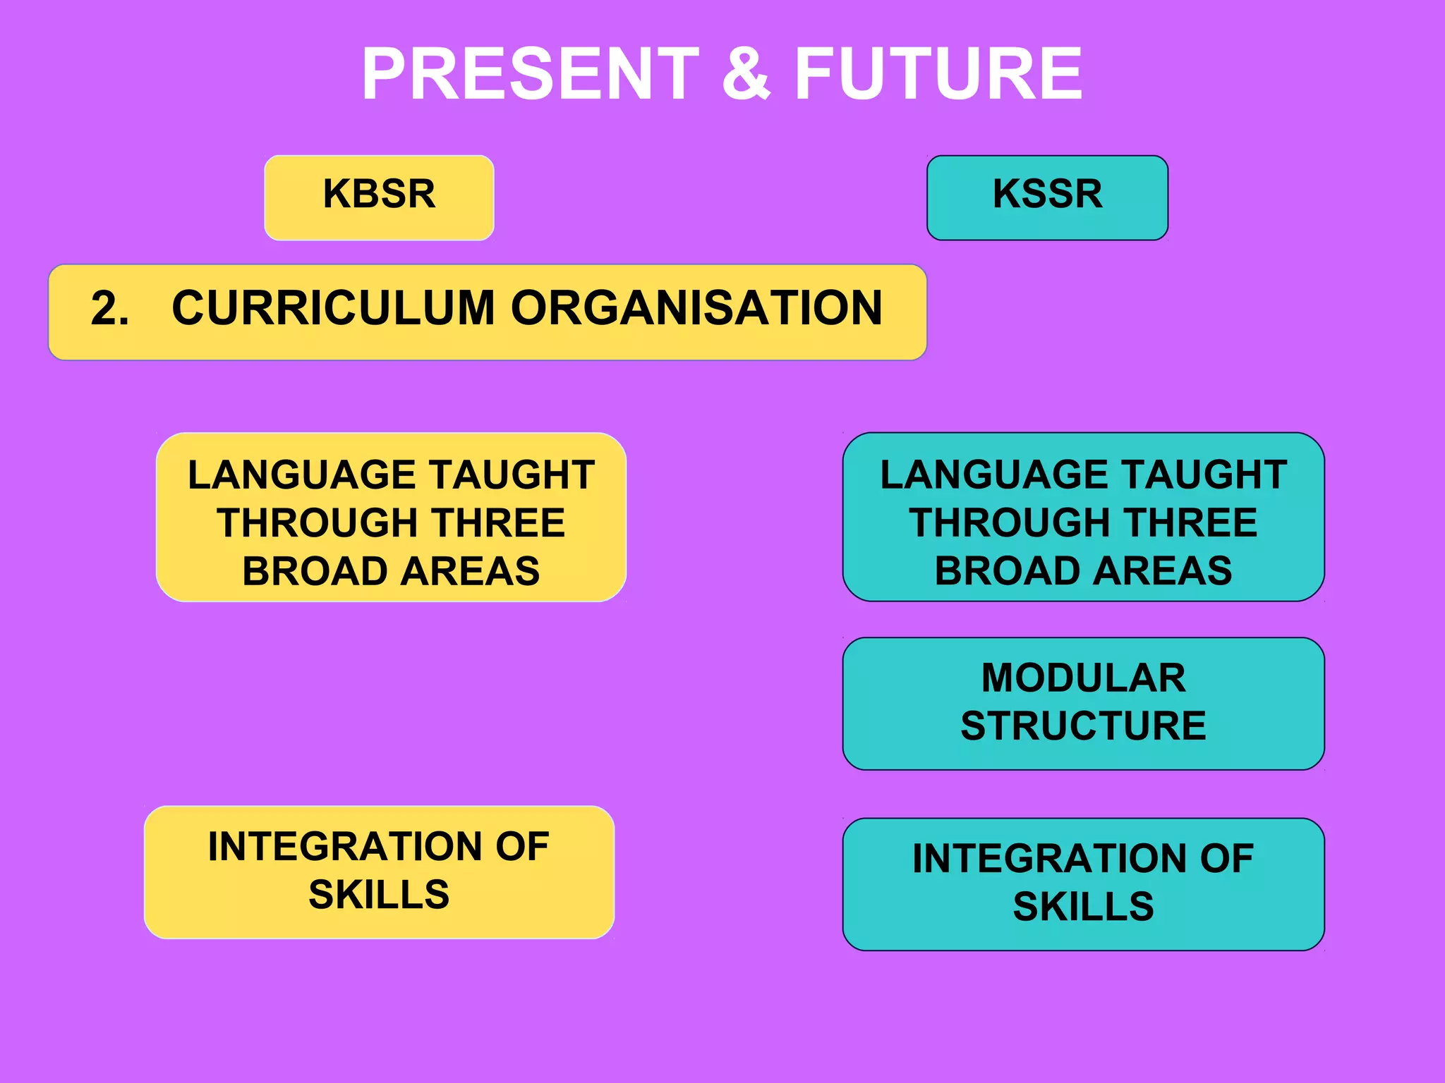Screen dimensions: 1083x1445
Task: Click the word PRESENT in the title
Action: (x=530, y=73)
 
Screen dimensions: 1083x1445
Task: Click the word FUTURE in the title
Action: (x=938, y=73)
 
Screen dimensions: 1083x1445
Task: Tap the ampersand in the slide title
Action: (x=746, y=73)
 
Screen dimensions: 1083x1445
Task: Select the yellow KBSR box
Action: (x=379, y=197)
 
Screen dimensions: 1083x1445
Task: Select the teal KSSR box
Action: (x=1047, y=197)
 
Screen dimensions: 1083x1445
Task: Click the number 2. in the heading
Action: (x=110, y=309)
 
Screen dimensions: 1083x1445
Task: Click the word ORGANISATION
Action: (x=696, y=309)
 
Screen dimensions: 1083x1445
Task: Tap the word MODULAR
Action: (x=1084, y=678)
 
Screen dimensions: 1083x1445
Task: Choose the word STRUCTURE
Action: (x=1084, y=726)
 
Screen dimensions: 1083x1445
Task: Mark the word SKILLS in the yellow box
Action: (x=379, y=895)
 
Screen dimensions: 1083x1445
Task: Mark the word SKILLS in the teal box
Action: (x=1084, y=907)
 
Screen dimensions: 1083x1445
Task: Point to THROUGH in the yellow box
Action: (x=318, y=523)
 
